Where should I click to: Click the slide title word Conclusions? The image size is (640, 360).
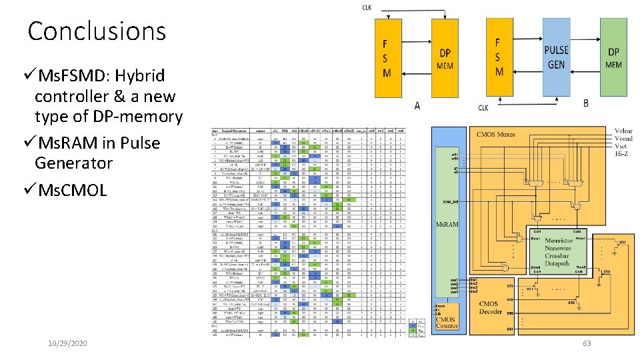(97, 31)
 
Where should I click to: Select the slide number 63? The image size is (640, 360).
(587, 343)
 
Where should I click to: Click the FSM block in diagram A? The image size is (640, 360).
(387, 58)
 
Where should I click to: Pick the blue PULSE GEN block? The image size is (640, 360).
(556, 57)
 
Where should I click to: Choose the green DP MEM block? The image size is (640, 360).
(613, 57)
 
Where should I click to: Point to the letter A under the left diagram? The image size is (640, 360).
(417, 105)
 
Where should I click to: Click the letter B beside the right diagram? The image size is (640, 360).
(585, 103)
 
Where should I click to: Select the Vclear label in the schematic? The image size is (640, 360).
(623, 131)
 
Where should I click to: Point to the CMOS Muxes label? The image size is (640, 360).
(496, 135)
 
